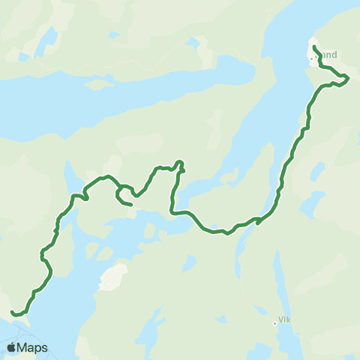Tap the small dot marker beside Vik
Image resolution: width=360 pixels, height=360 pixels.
point(274,323)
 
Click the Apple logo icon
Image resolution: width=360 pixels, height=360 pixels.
point(11,347)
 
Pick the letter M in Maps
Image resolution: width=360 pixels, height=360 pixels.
point(24,347)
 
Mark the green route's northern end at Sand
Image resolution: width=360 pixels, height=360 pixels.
point(313,47)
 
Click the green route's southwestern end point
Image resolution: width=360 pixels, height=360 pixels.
point(13,312)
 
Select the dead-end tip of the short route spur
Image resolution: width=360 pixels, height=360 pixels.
point(131,204)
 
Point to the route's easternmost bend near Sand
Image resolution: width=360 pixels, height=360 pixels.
point(348,78)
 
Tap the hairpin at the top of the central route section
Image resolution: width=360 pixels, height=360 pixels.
point(180,162)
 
